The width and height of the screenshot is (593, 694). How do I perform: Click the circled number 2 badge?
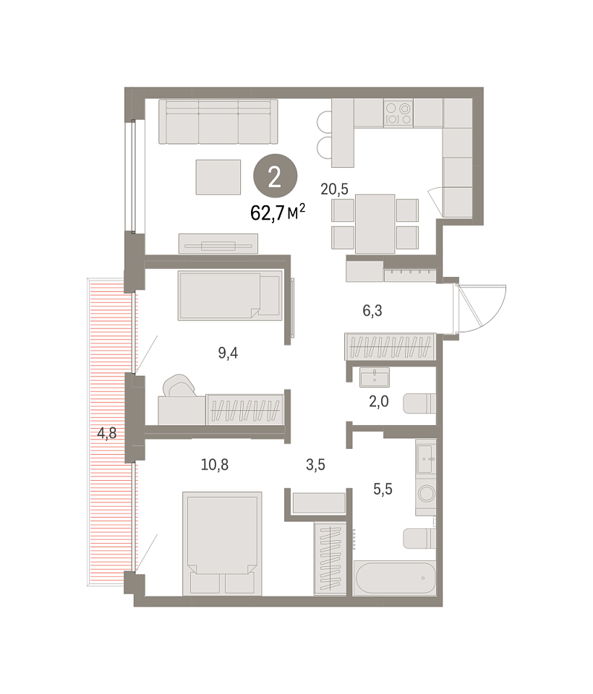coord(275,176)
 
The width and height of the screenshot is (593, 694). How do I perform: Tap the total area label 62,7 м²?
coord(278,213)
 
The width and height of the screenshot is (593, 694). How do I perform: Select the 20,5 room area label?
coord(334,189)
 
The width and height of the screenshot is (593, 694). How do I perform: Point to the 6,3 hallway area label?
coord(372,311)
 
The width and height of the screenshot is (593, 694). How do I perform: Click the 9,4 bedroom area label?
coord(228,353)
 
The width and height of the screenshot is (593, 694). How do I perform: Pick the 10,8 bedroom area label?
coord(214,465)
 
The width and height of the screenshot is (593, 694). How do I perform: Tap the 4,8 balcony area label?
coord(107,433)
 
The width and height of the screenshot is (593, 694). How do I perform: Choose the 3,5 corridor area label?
coord(315,465)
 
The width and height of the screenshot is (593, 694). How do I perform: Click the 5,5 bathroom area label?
coord(383,489)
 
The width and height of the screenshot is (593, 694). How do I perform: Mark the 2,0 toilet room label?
coord(379,401)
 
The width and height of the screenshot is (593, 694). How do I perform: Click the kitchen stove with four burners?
coord(398,113)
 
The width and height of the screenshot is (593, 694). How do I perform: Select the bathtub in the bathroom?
coord(395,578)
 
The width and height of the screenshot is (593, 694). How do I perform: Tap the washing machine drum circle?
coord(427,493)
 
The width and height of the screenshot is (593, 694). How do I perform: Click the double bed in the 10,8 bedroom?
coord(222,543)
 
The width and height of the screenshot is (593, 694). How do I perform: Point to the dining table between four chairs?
coord(375,224)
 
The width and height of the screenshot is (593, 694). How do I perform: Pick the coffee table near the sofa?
coord(218,177)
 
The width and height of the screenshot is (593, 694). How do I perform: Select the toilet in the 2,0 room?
coord(419,403)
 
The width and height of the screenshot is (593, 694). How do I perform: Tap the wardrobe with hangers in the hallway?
coord(391,346)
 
